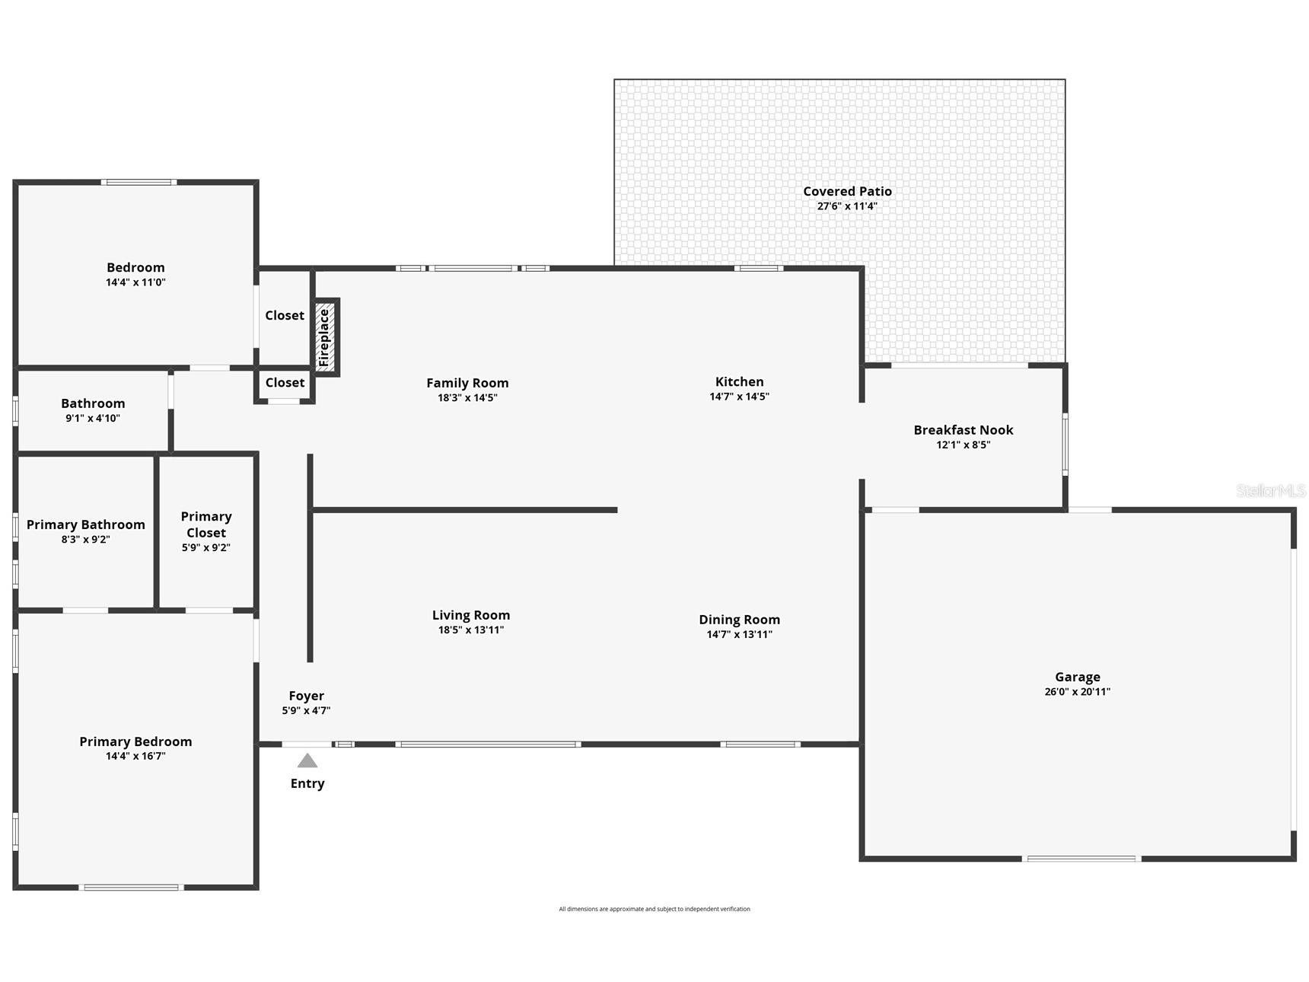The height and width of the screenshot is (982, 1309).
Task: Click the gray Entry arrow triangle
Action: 307,760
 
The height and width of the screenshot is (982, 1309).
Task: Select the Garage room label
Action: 1078,677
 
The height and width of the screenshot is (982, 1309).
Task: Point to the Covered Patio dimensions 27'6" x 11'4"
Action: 847,206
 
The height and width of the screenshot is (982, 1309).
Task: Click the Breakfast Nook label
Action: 963,430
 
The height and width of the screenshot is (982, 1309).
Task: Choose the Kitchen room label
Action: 740,381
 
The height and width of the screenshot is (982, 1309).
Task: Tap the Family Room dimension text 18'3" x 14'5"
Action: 467,397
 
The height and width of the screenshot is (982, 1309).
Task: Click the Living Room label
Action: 471,615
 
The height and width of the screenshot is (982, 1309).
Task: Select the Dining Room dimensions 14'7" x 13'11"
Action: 740,634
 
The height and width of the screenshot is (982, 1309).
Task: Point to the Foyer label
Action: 307,696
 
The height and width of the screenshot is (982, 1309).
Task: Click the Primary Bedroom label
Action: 135,741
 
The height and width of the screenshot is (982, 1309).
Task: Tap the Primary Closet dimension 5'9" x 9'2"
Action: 206,547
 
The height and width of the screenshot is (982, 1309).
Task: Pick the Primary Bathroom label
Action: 86,524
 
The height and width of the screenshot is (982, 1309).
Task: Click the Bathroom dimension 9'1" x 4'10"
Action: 93,418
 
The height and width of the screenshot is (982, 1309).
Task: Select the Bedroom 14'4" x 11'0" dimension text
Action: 135,282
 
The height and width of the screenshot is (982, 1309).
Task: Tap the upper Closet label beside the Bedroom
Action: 285,315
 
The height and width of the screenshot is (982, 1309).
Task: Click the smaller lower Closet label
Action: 285,382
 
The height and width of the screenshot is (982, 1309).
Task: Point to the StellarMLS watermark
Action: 1270,491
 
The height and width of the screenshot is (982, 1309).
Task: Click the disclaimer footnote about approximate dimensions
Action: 654,909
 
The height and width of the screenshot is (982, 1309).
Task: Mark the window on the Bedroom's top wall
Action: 139,183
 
